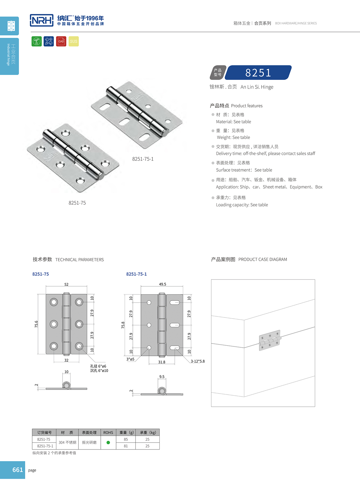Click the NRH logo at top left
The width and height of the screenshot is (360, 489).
tap(42, 20)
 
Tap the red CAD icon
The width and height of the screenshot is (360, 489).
tap(61, 41)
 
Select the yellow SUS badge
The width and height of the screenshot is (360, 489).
tap(74, 41)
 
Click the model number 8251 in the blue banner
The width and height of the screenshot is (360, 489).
tap(258, 73)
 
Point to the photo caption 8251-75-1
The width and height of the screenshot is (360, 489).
tap(143, 159)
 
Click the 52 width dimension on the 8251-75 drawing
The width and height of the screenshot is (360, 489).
tap(66, 284)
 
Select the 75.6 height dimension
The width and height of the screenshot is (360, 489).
tap(36, 324)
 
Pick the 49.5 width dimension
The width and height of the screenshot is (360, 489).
tap(163, 284)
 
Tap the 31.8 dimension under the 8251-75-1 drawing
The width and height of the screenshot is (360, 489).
tap(162, 362)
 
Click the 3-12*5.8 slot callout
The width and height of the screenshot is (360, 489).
tap(198, 361)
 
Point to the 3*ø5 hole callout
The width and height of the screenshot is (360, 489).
tap(130, 359)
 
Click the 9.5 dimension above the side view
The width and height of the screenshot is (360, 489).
tap(162, 377)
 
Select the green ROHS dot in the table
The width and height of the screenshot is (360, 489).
tap(108, 443)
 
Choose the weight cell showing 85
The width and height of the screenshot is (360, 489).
tap(126, 439)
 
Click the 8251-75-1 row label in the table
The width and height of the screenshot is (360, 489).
tap(45, 446)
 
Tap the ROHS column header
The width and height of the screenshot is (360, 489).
tap(108, 433)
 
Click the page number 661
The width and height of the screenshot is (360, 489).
tap(17, 470)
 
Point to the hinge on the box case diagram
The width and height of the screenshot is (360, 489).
tap(270, 340)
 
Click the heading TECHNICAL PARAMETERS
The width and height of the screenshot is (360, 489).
tap(80, 260)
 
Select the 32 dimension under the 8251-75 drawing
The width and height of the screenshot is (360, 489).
tap(66, 360)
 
